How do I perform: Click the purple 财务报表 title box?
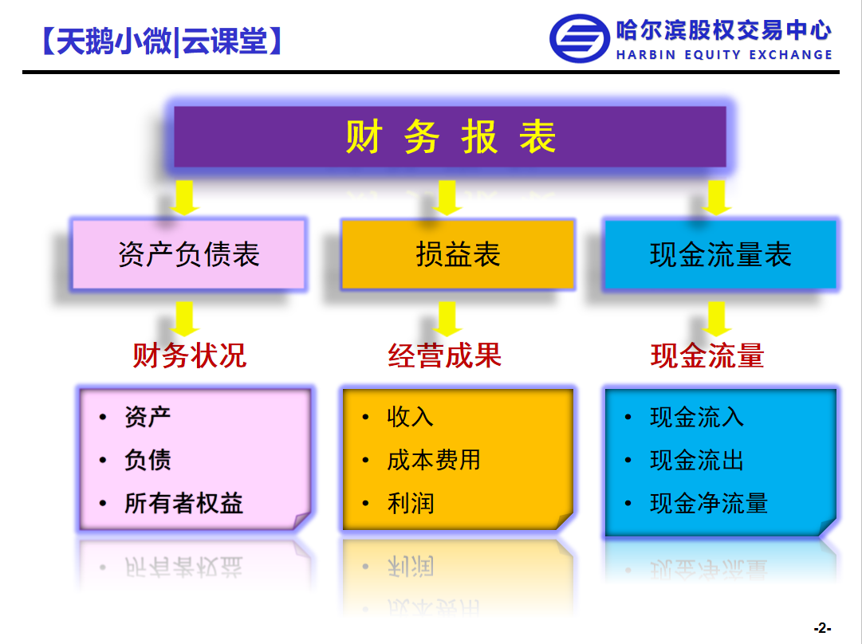click(450, 136)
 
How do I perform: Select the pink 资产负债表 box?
click(188, 254)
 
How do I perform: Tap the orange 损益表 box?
click(458, 254)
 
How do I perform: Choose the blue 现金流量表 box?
click(720, 254)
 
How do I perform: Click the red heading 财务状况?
click(190, 355)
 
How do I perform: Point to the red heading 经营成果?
click(445, 355)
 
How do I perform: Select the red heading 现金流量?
click(707, 355)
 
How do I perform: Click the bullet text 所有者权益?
click(183, 503)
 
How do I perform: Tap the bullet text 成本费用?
click(434, 460)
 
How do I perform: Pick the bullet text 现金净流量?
click(709, 503)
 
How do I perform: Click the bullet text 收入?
click(410, 417)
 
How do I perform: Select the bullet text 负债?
click(148, 460)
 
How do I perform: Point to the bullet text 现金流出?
click(696, 460)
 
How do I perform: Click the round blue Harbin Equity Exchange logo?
click(580, 38)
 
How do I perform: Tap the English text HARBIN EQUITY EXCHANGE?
click(724, 54)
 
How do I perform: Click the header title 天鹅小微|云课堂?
click(162, 41)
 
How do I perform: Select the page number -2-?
click(822, 627)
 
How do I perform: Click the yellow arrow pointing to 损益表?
click(447, 198)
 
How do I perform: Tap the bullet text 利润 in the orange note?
click(410, 503)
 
